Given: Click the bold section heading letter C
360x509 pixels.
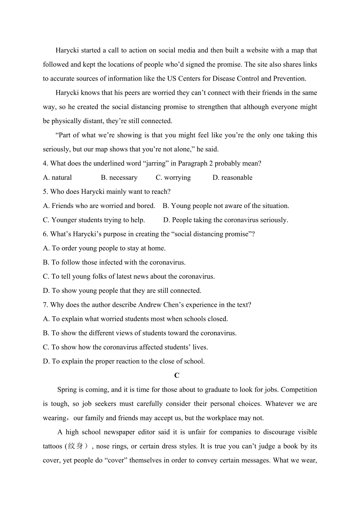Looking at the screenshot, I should (177, 376).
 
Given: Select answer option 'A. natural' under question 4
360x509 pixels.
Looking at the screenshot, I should (58, 178).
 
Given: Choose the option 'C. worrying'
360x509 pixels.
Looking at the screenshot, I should (173, 178).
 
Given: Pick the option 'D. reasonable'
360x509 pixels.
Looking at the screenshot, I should (232, 178).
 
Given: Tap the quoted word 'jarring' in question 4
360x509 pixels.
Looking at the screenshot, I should (155, 163).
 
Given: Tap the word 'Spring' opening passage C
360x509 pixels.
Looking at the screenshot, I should (67, 390).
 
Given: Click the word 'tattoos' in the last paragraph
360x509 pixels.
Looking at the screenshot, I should (53, 446).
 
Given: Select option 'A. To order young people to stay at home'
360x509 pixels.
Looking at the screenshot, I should (104, 249).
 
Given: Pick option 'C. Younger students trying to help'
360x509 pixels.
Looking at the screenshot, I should (94, 220).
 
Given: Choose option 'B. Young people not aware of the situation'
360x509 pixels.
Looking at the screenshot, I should (226, 206).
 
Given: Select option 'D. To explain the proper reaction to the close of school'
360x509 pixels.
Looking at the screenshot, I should (124, 362).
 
